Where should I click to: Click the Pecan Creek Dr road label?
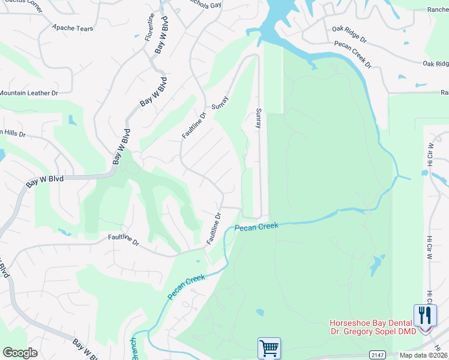[x=354, y=53]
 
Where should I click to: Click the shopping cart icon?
[x=269, y=347]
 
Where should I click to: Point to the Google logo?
[x=20, y=353]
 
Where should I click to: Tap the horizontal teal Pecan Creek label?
[x=256, y=227]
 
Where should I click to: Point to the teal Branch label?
[x=133, y=348]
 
